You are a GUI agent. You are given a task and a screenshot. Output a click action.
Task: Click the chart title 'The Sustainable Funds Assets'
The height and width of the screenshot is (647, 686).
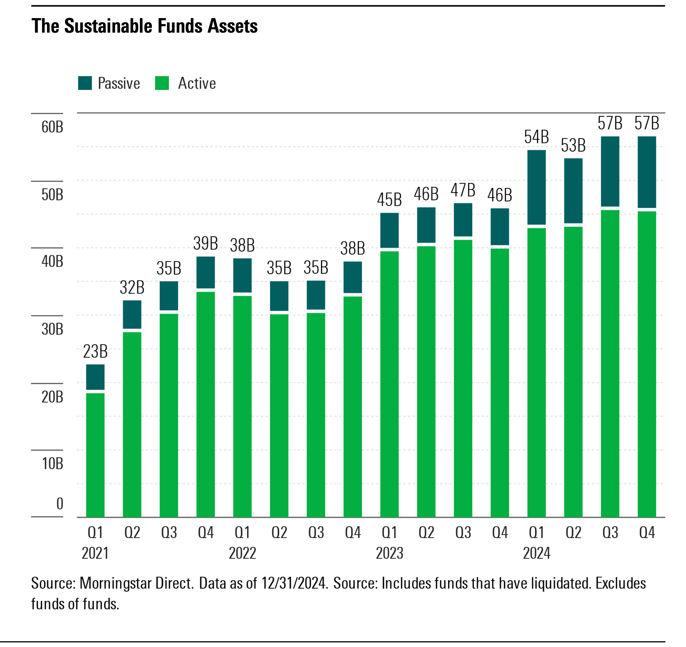145,26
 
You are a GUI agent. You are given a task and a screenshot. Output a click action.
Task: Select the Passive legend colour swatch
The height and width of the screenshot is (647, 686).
85,83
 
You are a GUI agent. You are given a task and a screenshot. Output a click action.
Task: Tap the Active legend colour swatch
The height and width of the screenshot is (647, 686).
162,83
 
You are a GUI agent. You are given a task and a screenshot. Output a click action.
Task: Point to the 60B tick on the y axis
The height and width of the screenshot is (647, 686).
52,127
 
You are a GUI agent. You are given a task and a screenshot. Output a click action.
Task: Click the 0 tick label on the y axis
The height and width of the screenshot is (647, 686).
60,504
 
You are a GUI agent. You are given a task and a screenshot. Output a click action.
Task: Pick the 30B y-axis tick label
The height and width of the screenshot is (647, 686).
52,329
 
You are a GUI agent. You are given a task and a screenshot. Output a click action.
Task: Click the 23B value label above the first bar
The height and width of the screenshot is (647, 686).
95,352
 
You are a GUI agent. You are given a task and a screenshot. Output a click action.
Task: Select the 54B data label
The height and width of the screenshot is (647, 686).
536,137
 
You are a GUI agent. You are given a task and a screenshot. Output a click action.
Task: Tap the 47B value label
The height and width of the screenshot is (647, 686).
463,190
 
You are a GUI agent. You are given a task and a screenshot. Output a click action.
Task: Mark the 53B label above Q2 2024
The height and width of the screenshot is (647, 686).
573,145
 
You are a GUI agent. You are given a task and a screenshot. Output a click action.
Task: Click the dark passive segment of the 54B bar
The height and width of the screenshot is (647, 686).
536,187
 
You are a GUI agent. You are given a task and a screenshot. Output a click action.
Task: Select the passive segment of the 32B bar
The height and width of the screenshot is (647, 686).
132,314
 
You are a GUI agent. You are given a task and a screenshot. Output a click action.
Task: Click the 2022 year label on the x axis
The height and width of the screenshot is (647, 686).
242,553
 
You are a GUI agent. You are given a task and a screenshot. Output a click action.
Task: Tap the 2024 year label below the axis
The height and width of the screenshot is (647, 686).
536,553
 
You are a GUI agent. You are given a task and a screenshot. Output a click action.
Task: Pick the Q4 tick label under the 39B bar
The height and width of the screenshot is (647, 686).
206,533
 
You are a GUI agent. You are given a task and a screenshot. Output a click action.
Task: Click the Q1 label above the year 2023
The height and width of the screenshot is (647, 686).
390,533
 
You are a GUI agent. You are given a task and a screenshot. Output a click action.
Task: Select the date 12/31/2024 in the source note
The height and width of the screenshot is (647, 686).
294,583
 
